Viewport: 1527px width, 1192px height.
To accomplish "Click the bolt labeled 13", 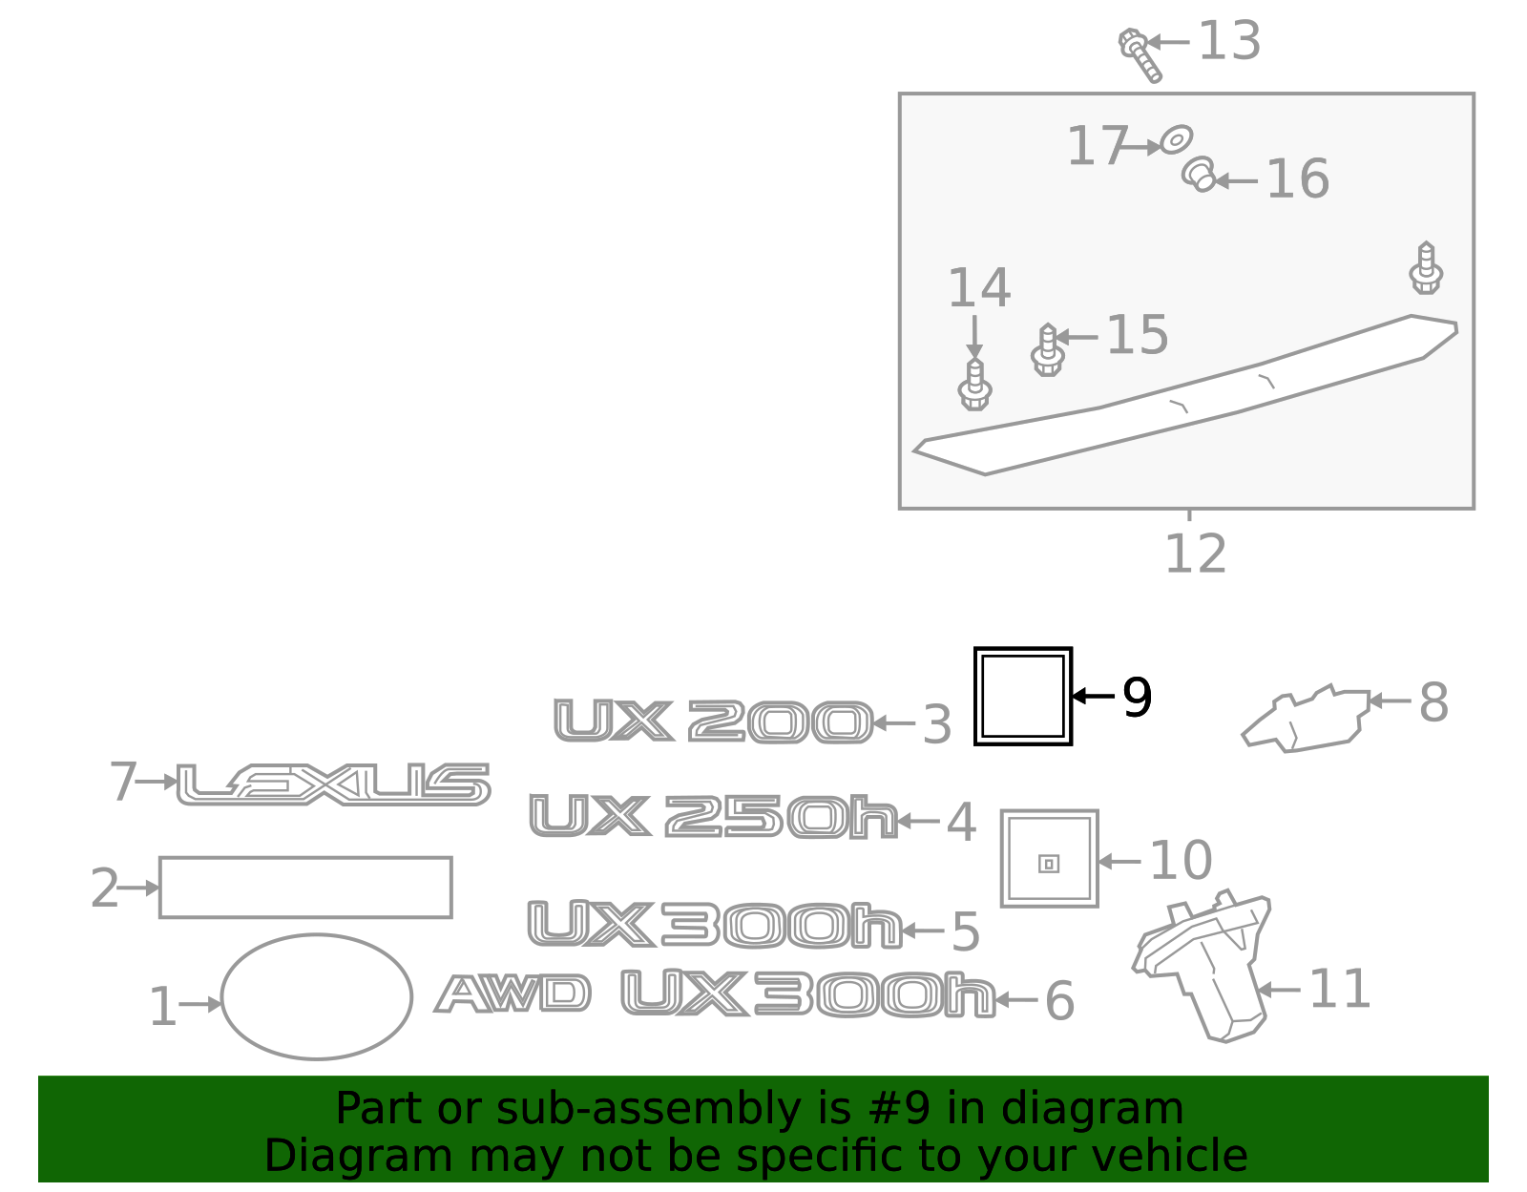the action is click(x=1140, y=54).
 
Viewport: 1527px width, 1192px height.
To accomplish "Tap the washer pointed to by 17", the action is click(x=1176, y=139).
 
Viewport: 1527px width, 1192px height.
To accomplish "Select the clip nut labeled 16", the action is click(x=1198, y=174).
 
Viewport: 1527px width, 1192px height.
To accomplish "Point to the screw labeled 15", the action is click(x=1048, y=350).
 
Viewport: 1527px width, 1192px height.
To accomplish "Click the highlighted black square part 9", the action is click(x=1023, y=649).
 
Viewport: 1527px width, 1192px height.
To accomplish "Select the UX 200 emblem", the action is click(x=713, y=721).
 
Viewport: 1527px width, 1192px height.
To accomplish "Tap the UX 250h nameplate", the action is click(x=713, y=816).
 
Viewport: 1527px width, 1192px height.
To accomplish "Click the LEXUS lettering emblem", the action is click(x=334, y=784).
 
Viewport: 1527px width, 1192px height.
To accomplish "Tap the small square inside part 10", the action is click(x=1049, y=864).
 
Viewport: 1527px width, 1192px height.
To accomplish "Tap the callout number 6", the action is click(x=1059, y=1001).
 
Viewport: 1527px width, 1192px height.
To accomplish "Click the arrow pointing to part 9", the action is click(x=1094, y=696).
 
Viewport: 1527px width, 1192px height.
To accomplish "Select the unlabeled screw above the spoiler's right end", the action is click(x=1426, y=267).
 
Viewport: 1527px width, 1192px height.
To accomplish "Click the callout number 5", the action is click(x=966, y=932).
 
